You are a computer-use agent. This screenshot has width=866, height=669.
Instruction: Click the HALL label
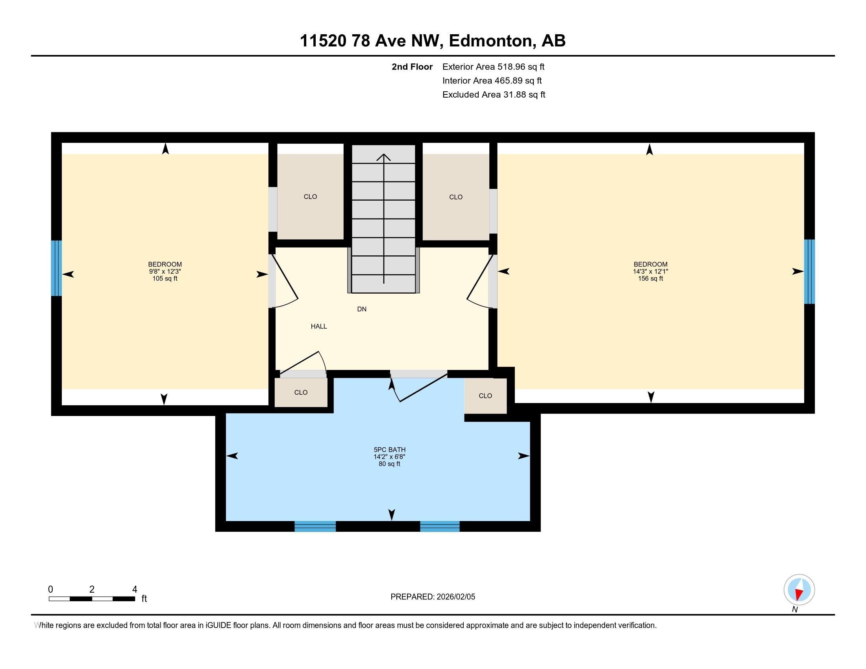pyautogui.click(x=318, y=326)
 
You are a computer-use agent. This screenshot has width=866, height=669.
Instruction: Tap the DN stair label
pyautogui.click(x=362, y=309)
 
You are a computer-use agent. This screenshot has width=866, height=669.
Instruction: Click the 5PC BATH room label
pyautogui.click(x=389, y=449)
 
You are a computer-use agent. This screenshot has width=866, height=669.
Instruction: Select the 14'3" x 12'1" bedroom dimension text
pyautogui.click(x=650, y=272)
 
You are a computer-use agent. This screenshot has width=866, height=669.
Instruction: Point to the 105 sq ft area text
pyautogui.click(x=165, y=279)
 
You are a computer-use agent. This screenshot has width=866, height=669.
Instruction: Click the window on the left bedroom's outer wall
pyautogui.click(x=56, y=268)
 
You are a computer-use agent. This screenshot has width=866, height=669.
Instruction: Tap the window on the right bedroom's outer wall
pyautogui.click(x=809, y=272)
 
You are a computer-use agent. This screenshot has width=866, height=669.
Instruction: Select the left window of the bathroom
pyautogui.click(x=315, y=526)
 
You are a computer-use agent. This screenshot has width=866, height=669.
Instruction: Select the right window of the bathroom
pyautogui.click(x=440, y=526)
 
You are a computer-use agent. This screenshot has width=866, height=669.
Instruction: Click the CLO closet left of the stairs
pyautogui.click(x=310, y=197)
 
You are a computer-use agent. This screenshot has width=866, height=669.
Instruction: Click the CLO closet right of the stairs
pyautogui.click(x=455, y=197)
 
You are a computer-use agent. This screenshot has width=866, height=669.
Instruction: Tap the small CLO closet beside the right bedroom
pyautogui.click(x=485, y=395)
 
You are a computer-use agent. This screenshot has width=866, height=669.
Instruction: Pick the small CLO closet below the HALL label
pyautogui.click(x=301, y=392)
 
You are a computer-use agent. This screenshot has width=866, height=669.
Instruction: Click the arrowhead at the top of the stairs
pyautogui.click(x=383, y=157)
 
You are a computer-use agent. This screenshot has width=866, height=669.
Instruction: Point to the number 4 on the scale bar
pyautogui.click(x=134, y=590)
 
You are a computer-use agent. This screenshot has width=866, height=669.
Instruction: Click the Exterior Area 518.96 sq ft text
pyautogui.click(x=493, y=67)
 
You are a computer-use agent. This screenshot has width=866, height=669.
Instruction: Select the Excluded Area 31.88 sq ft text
pyautogui.click(x=494, y=94)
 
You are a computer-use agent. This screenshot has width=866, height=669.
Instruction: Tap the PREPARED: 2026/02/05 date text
pyautogui.click(x=433, y=597)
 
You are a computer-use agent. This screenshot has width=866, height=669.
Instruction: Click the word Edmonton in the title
pyautogui.click(x=490, y=41)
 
